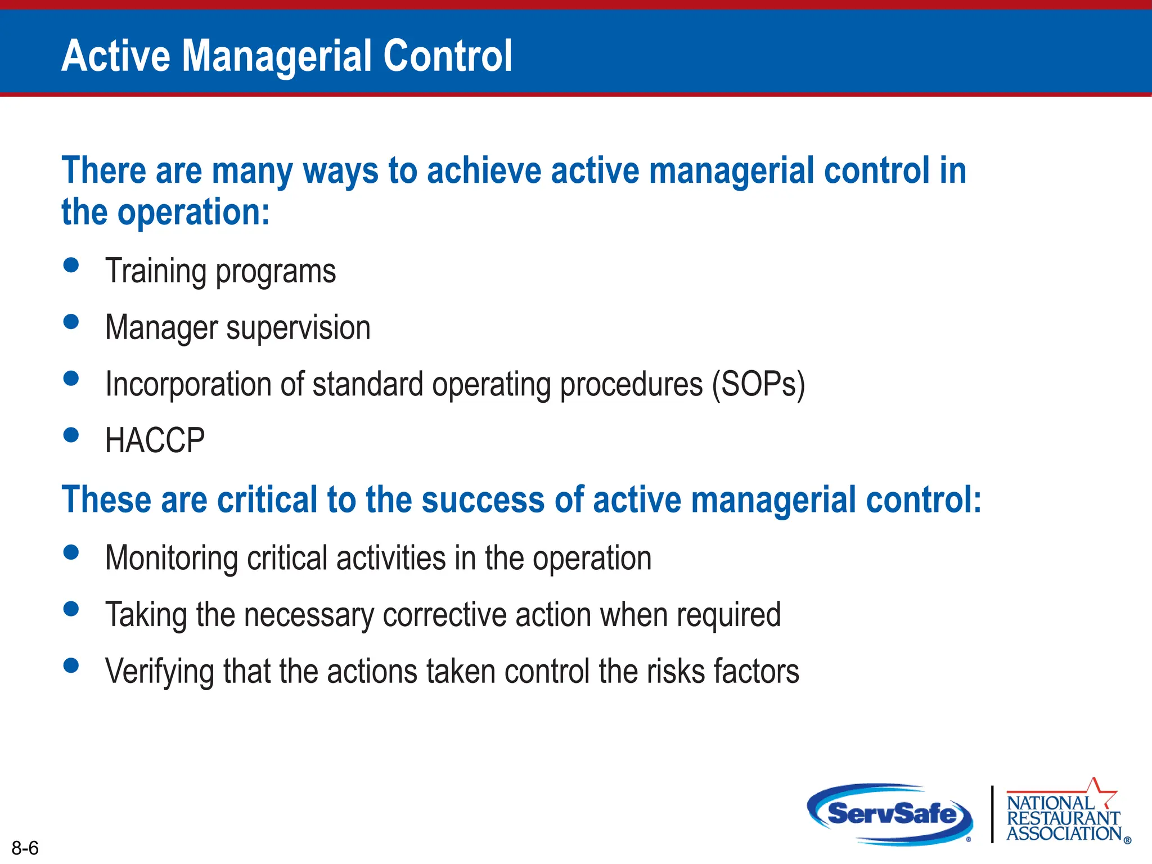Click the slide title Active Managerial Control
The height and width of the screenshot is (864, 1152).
(286, 56)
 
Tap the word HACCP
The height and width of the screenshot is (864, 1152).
(155, 440)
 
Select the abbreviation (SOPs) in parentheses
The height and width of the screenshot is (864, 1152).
(758, 385)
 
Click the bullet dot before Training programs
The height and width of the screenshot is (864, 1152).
(71, 265)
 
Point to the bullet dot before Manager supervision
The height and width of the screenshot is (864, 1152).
(71, 322)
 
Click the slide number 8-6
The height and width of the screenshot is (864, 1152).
(25, 848)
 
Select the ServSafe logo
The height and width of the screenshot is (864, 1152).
(890, 814)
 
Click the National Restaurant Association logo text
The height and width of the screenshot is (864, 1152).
(1063, 818)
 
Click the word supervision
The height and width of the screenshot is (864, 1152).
(298, 328)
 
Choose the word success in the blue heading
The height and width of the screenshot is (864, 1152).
(483, 499)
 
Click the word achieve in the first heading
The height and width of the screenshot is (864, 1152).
(483, 171)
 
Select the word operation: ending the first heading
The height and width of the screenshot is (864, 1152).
(193, 213)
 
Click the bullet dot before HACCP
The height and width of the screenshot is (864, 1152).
(71, 435)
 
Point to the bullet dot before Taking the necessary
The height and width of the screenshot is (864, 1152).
(71, 609)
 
